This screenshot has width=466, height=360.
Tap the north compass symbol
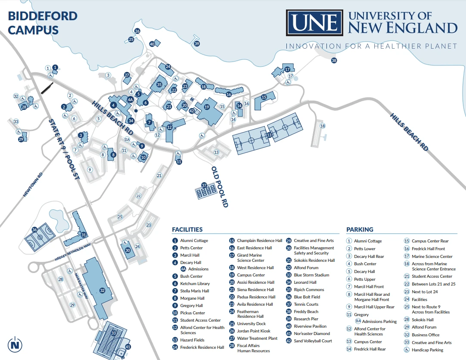coord(16,344)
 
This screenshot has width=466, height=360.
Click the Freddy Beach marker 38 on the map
coord(334,61)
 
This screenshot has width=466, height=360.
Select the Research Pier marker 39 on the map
coord(197,43)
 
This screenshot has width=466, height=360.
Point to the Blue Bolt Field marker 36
coord(34,230)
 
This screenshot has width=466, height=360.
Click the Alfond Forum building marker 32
coord(102,291)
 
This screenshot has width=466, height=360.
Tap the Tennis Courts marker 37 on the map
coord(204,185)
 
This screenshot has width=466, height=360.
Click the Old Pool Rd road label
coord(219,187)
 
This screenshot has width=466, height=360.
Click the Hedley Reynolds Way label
coord(73,252)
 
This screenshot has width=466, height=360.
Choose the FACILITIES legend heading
coord(187,230)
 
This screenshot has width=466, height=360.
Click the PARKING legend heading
coord(360,230)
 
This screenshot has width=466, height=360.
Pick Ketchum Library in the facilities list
coord(195,284)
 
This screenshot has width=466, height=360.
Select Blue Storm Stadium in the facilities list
coord(311,275)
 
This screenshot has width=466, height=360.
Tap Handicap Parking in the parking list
coord(427,350)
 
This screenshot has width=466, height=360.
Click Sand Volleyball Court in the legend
coord(313,341)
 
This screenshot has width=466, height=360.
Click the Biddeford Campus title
coord(43,23)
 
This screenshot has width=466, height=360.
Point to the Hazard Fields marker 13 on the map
coord(269,135)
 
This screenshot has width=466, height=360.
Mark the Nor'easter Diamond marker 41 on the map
coord(128,346)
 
